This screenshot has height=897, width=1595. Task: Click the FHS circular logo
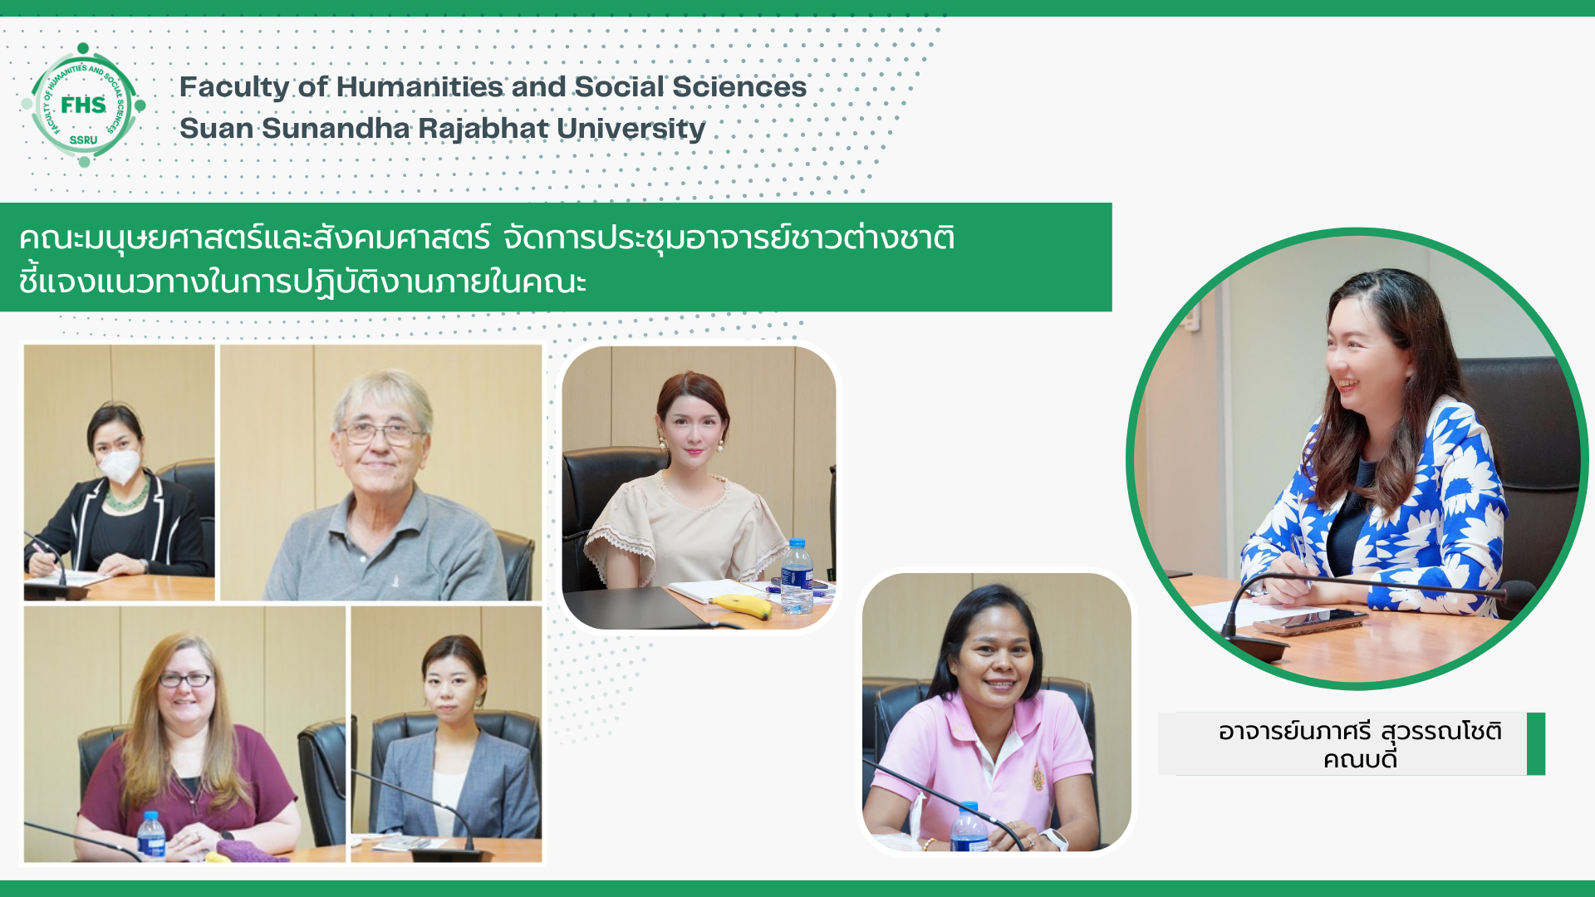[83, 105]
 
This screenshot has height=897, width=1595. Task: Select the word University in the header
[631, 130]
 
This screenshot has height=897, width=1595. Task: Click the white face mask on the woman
[120, 466]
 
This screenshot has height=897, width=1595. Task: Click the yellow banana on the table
[743, 606]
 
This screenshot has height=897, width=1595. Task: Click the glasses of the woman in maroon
[184, 680]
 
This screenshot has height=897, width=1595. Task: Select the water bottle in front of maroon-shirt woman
[151, 836]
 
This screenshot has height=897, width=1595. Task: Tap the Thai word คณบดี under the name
[1360, 759]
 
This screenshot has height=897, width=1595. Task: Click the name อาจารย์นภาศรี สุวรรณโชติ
[1360, 731]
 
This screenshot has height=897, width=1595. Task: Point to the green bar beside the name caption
[1536, 743]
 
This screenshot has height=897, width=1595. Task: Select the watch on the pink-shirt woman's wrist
[1053, 839]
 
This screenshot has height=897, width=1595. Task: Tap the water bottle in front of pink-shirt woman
[969, 827]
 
